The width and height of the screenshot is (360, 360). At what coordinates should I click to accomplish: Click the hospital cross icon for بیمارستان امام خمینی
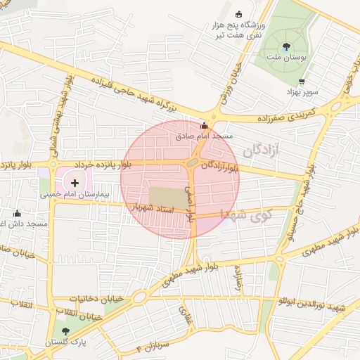(75, 182)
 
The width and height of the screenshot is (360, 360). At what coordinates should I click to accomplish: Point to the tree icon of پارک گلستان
(65, 331)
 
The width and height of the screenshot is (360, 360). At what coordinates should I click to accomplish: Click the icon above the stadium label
(238, 13)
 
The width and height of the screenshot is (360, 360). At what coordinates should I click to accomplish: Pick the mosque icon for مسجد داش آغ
(18, 213)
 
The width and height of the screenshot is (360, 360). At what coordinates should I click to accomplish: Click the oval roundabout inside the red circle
(192, 164)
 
